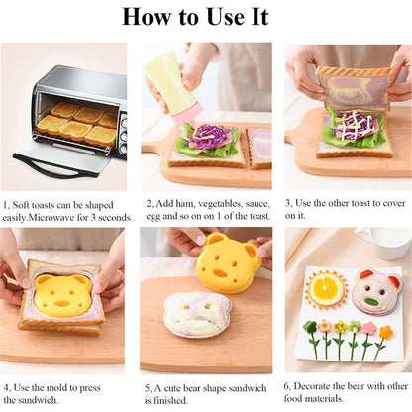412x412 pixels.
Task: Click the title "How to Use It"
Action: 206,17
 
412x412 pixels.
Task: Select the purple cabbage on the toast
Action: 208,137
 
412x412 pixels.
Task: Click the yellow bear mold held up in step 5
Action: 226,264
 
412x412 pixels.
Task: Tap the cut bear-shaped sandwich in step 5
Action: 197,314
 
